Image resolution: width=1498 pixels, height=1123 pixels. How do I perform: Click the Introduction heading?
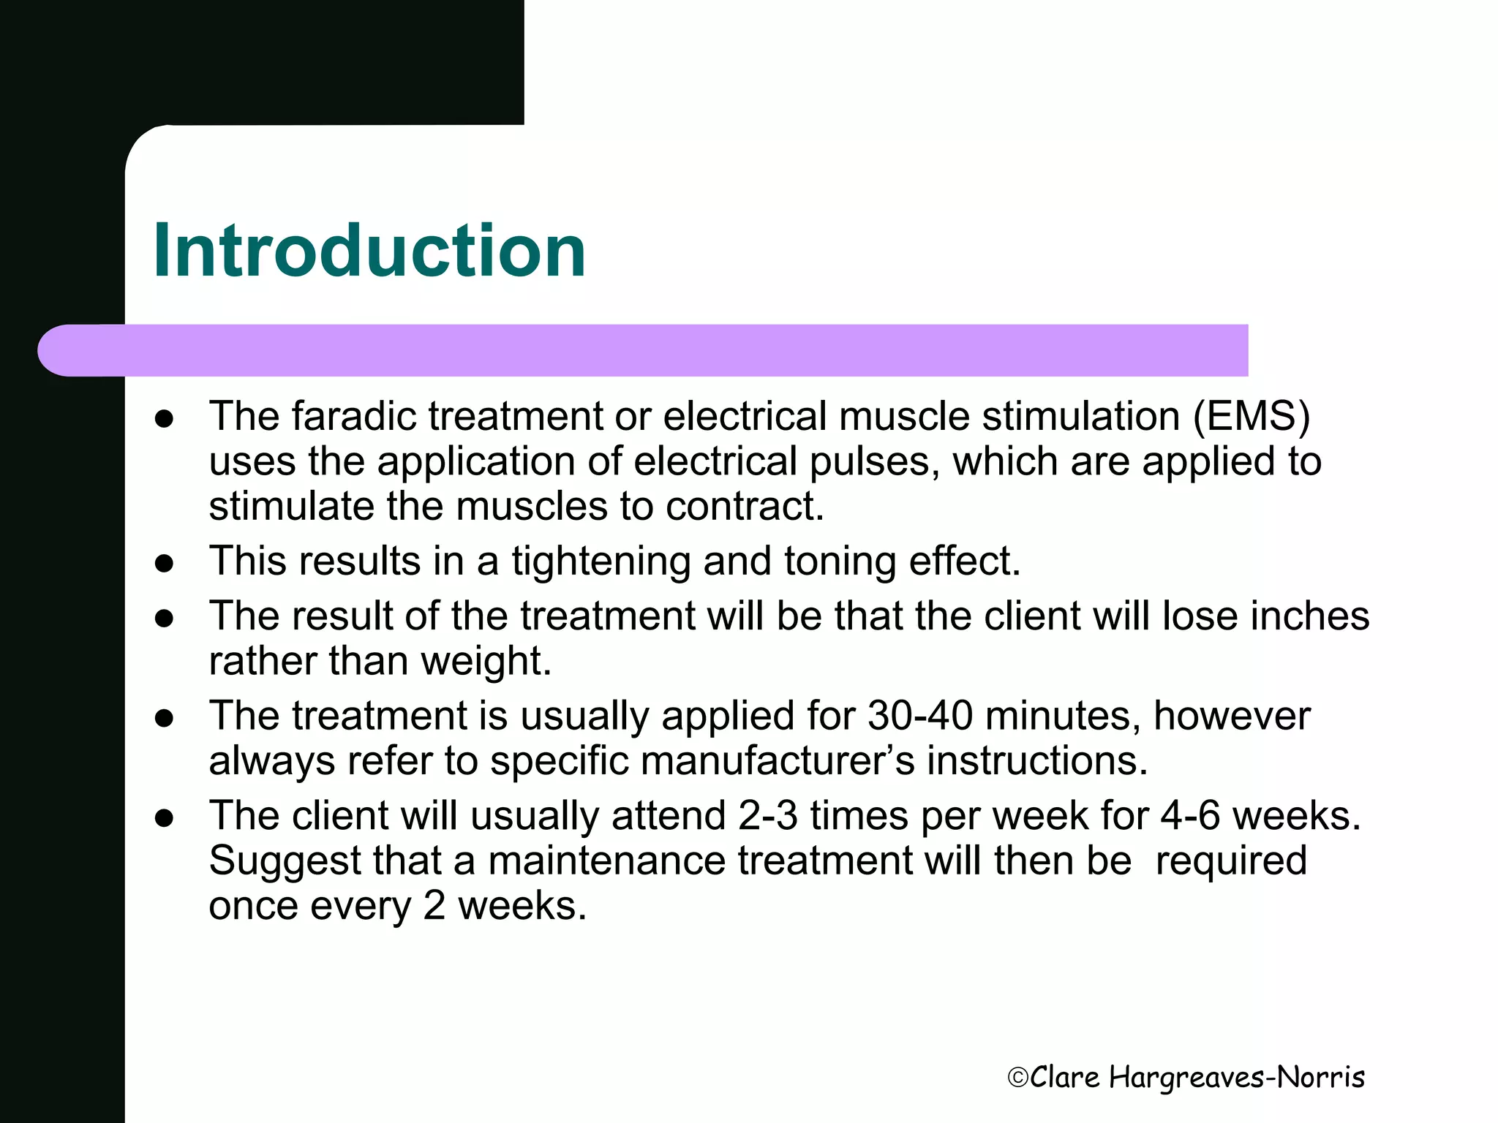[x=369, y=251]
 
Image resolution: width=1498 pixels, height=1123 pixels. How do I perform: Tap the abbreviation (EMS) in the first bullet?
[x=1251, y=417]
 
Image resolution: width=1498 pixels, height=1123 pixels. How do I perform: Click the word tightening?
[x=601, y=562]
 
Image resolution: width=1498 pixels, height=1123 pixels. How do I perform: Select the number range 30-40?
[x=920, y=716]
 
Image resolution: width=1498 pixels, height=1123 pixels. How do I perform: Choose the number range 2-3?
[x=768, y=816]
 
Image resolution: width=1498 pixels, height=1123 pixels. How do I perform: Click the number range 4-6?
[x=1191, y=816]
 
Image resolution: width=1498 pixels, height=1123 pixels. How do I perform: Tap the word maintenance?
[x=606, y=861]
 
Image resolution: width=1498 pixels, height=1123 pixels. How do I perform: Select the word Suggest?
[x=285, y=861]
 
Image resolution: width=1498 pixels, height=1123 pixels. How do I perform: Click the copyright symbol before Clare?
[x=1018, y=1078]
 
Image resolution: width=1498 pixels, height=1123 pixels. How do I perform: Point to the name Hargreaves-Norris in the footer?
[x=1236, y=1078]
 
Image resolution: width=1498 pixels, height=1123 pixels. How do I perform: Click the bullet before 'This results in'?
[x=165, y=564]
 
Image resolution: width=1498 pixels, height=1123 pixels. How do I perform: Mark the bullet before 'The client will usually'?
[x=165, y=817]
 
